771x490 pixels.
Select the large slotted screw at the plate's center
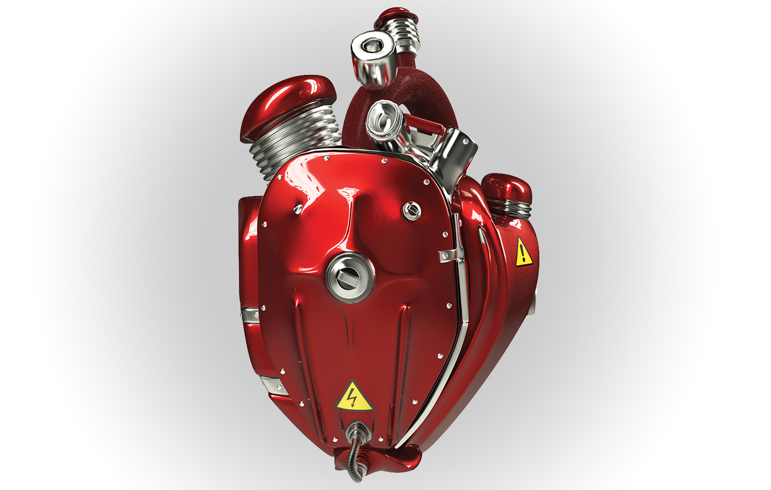[x=351, y=277]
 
